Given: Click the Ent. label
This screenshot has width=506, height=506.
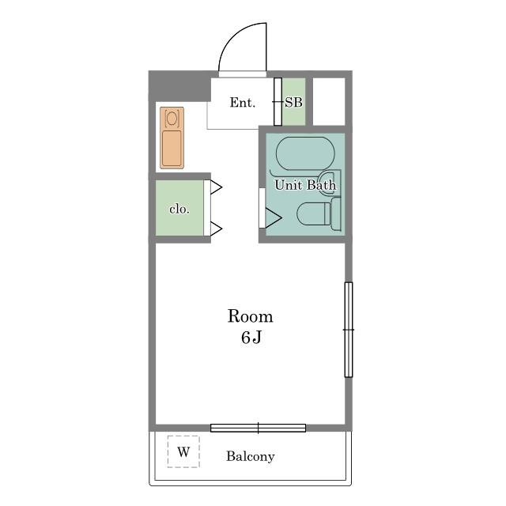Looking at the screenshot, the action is pyautogui.click(x=243, y=103).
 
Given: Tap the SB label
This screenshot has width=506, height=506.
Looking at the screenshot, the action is pyautogui.click(x=293, y=103).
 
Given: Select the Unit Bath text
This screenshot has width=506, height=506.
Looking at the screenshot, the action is pyautogui.click(x=305, y=185).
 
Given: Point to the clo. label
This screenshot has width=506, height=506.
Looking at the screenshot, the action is pyautogui.click(x=179, y=210).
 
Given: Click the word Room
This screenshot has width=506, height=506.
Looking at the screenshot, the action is pyautogui.click(x=250, y=316).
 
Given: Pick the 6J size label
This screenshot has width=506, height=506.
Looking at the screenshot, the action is pyautogui.click(x=251, y=338).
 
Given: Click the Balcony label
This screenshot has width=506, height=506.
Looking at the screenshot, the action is pyautogui.click(x=250, y=456).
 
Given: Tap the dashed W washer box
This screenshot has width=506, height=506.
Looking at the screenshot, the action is pyautogui.click(x=183, y=451).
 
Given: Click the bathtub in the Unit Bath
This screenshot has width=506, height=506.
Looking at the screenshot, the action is pyautogui.click(x=305, y=153).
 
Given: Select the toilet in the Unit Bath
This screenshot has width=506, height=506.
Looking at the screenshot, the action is pyautogui.click(x=319, y=214).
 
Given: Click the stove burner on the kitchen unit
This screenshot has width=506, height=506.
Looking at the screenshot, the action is pyautogui.click(x=172, y=118).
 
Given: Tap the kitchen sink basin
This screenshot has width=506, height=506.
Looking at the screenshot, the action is pyautogui.click(x=172, y=148).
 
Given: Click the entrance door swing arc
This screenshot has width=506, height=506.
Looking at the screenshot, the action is pyautogui.click(x=235, y=36).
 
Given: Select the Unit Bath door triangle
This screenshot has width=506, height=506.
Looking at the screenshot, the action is pyautogui.click(x=274, y=218).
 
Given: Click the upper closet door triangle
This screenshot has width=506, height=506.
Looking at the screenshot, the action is pyautogui.click(x=216, y=187).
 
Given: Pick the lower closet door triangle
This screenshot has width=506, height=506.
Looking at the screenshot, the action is pyautogui.click(x=216, y=228).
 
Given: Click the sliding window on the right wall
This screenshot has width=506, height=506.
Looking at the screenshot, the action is pyautogui.click(x=349, y=330).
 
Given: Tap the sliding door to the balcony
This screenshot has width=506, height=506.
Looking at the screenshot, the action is pyautogui.click(x=259, y=428).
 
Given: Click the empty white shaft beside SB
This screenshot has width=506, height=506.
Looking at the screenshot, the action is pyautogui.click(x=329, y=101).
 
